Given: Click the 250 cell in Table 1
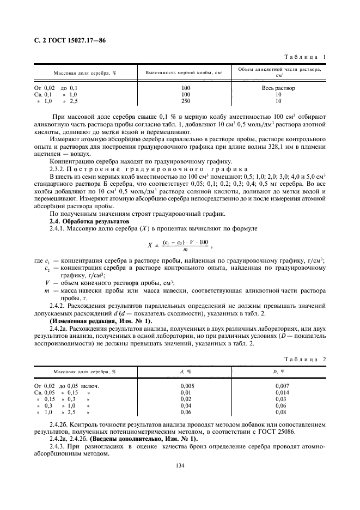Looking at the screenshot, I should [x=186, y=101].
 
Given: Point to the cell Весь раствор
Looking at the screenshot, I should [x=278, y=88].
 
